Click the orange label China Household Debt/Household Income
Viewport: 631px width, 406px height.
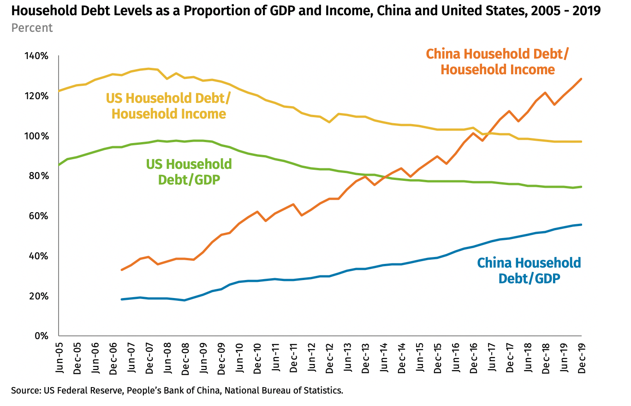(x=497, y=61)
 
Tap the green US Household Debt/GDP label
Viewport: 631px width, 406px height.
(x=189, y=172)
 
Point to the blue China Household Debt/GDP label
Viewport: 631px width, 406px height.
(x=529, y=270)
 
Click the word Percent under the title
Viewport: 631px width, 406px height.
(x=32, y=28)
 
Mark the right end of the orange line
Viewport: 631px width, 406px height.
(x=581, y=79)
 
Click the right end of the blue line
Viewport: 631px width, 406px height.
(x=581, y=225)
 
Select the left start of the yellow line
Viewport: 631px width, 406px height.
(x=59, y=91)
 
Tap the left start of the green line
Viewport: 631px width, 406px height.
(x=59, y=164)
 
